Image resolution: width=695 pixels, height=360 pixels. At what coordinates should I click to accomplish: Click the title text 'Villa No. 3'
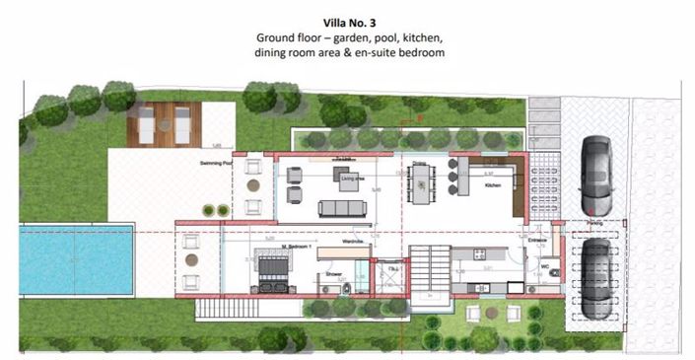350,20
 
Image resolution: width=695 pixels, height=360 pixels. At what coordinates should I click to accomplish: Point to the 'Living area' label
353,179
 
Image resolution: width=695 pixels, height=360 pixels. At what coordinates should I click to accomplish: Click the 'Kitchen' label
493,184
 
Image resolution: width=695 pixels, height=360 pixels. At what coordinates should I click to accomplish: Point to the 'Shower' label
332,275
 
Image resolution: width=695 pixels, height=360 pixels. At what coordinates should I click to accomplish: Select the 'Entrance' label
537,240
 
